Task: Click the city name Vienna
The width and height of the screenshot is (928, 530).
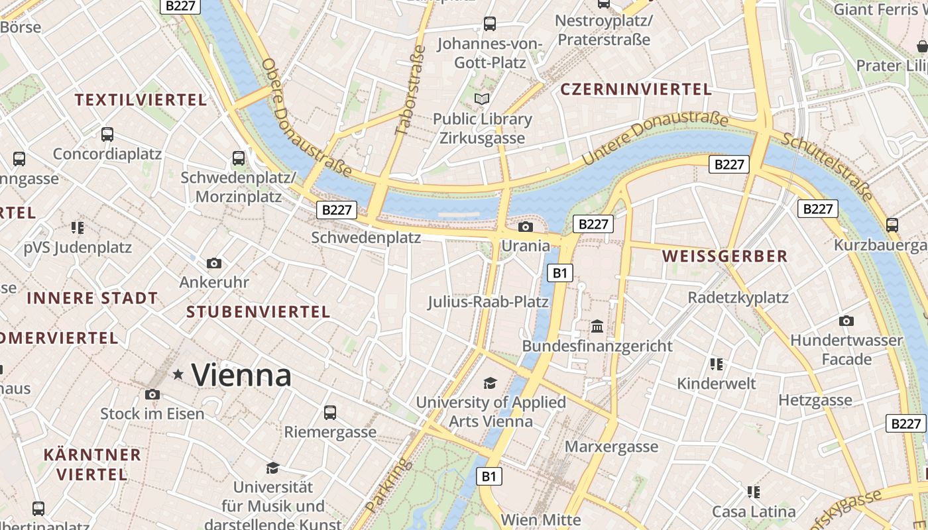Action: tap(241, 376)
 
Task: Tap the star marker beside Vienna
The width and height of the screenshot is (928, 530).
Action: tap(178, 374)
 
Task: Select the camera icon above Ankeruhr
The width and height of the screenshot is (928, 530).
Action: tap(213, 263)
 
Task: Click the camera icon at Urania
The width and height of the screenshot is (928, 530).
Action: tap(525, 227)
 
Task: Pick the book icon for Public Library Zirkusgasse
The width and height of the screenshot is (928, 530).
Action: tap(482, 99)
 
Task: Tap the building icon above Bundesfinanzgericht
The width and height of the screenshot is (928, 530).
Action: tap(597, 326)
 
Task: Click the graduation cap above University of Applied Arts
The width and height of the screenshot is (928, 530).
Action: tap(490, 383)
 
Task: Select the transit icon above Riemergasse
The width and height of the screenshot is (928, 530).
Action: tap(330, 413)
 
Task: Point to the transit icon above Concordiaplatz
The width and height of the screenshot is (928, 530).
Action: tap(107, 134)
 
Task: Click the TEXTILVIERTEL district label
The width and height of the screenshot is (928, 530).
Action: tap(141, 100)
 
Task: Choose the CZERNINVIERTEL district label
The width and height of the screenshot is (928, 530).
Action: tap(636, 89)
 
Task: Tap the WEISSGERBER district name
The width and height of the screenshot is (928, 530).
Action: tap(725, 256)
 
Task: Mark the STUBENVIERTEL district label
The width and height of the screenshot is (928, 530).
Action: tap(258, 312)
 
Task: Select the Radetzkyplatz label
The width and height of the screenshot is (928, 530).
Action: tap(738, 297)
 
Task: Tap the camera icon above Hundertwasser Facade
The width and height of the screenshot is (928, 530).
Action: tap(846, 321)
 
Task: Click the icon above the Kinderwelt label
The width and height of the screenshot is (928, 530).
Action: tap(716, 364)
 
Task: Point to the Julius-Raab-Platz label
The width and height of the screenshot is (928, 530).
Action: tap(488, 302)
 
